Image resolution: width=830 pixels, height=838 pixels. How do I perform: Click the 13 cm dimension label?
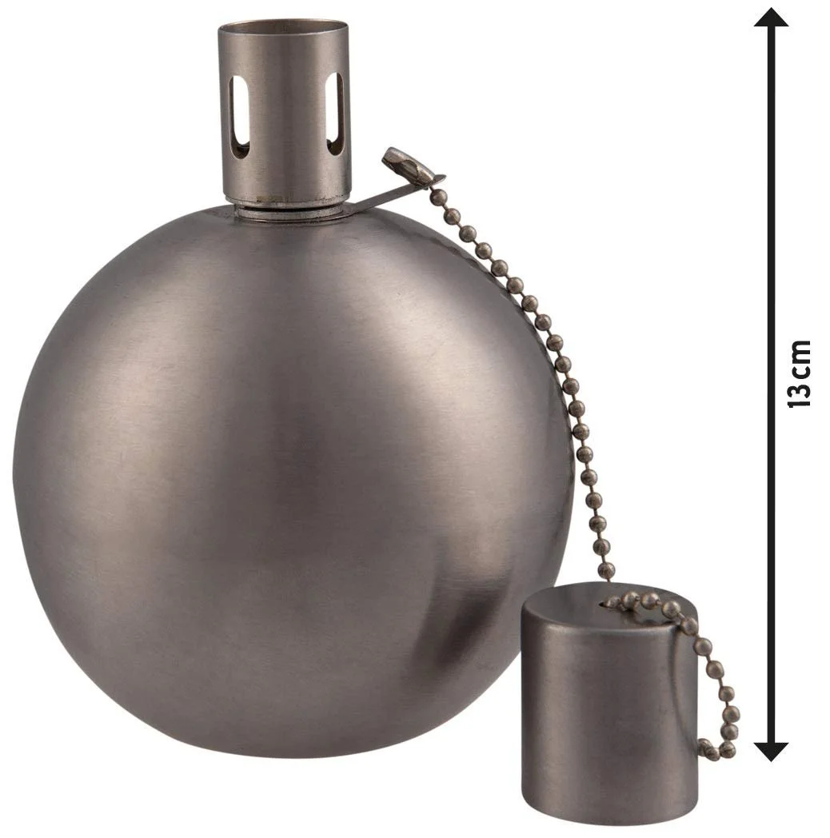click(799, 373)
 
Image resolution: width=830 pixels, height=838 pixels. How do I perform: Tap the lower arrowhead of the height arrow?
click(771, 751)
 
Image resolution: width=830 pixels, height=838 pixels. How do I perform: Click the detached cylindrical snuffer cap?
click(609, 708)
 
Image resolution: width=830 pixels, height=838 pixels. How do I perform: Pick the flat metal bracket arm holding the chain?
click(393, 193)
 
